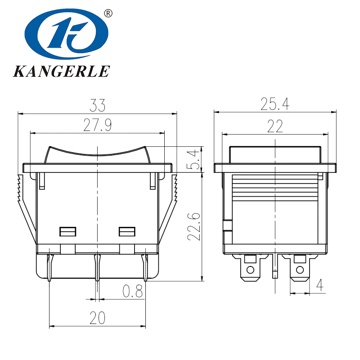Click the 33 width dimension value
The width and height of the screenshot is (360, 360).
pyautogui.click(x=97, y=106)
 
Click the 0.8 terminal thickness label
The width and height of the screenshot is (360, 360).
pyautogui.click(x=133, y=292)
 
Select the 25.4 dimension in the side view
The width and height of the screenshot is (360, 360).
pyautogui.click(x=274, y=104)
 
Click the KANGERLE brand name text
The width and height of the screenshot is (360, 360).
pyautogui.click(x=61, y=72)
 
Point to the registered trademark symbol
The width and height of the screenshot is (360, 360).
pyautogui.click(x=108, y=13)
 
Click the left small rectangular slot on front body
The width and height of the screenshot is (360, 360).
pyautogui.click(x=67, y=232)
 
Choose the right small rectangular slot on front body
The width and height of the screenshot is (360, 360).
pyautogui.click(x=127, y=232)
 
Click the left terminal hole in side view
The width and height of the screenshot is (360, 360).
pyautogui.click(x=250, y=271)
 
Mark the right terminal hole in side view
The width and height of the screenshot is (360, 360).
pyautogui.click(x=299, y=271)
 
